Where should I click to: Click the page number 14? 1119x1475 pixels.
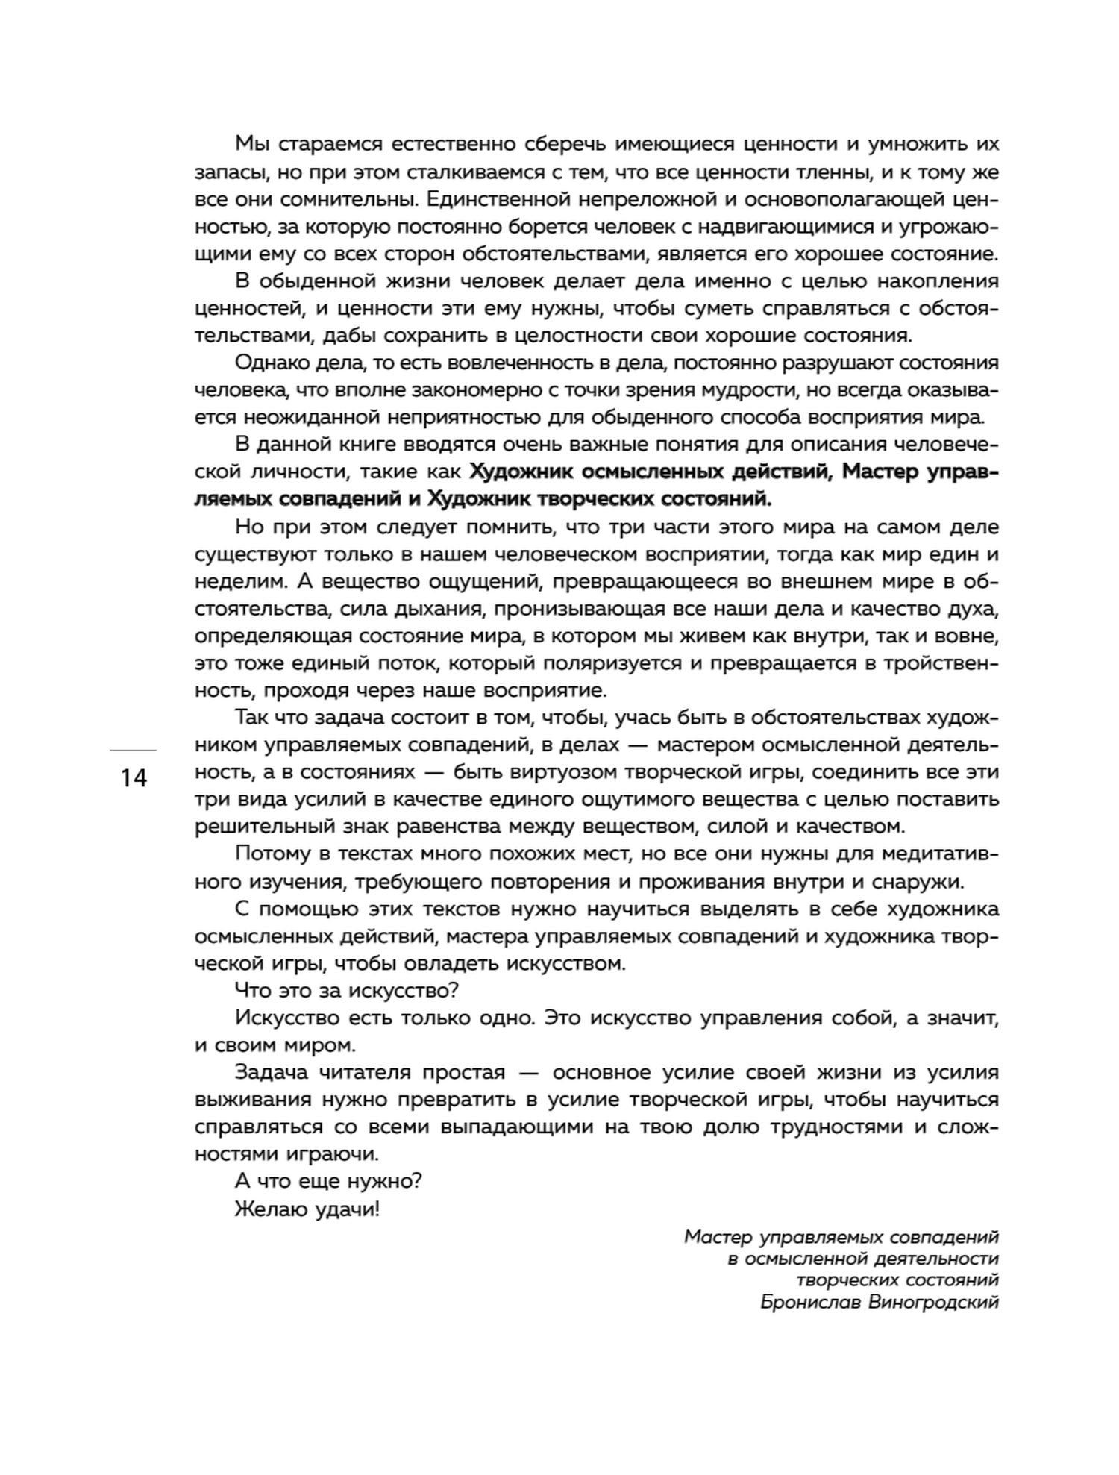[134, 778]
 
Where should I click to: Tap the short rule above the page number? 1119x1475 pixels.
[134, 749]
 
